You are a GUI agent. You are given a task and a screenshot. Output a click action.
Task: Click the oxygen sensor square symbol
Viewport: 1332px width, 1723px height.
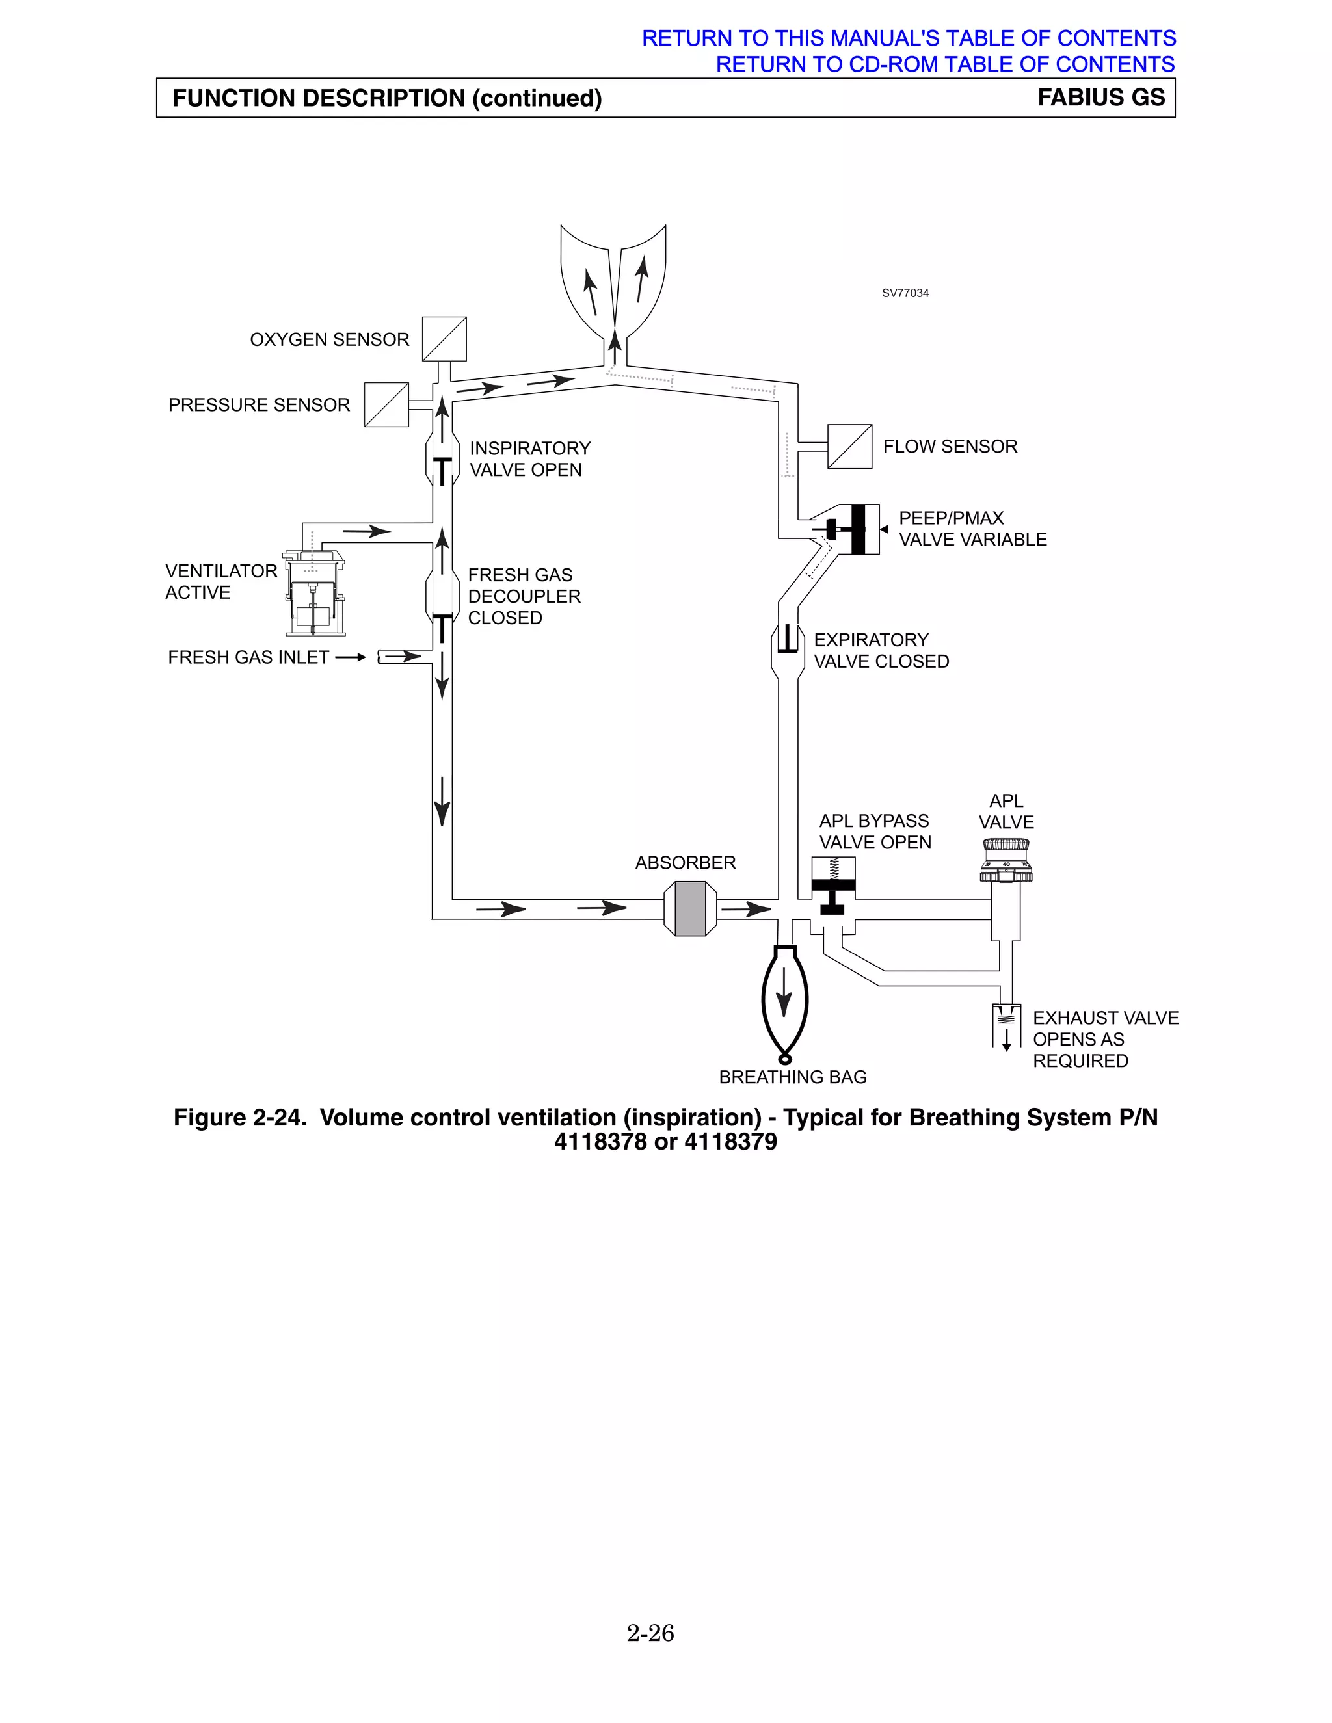[444, 339]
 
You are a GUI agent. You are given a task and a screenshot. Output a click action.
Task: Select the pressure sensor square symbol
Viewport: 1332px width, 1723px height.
[387, 404]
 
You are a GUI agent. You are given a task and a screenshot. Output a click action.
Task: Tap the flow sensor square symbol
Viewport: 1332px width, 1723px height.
[849, 447]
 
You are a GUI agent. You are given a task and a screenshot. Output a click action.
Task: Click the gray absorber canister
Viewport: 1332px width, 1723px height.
[691, 909]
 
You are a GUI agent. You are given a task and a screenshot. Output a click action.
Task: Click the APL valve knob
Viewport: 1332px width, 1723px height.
[1006, 860]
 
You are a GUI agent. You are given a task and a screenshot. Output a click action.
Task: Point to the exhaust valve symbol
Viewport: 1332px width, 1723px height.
[1006, 1024]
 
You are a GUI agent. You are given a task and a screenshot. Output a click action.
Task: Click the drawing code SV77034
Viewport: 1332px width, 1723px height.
[905, 293]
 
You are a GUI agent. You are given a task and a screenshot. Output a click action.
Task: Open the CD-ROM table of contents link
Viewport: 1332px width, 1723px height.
[944, 64]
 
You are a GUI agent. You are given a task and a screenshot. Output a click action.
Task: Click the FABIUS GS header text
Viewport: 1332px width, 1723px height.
[1101, 97]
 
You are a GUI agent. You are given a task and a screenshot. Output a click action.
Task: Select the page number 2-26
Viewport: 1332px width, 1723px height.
[650, 1632]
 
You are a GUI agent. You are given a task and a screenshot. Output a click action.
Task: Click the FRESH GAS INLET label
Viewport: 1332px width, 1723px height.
[248, 657]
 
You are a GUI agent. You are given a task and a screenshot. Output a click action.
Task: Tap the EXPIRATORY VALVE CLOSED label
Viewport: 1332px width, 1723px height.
[881, 650]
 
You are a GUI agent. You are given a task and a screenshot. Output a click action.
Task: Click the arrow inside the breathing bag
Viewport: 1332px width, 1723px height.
[784, 992]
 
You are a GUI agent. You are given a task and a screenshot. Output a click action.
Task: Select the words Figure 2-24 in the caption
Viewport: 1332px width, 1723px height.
[240, 1117]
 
